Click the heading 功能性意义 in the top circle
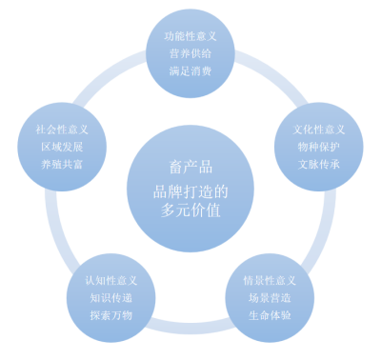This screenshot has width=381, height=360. pos(190,36)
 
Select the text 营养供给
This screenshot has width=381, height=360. pos(190,53)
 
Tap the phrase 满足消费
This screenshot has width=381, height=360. pos(190,70)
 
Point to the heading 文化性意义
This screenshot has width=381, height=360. pos(319,130)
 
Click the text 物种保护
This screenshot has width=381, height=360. pos(319,147)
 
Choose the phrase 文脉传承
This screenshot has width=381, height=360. pos(319,164)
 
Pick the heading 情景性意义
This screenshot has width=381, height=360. pos(270,281)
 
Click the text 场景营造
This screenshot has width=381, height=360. pos(270,298)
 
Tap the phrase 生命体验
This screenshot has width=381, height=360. pos(270,315)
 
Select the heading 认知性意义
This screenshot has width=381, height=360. pos(111,281)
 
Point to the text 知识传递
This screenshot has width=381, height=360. pos(111,298)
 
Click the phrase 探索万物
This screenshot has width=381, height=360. pos(111,315)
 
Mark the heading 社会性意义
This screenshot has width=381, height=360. pos(62,130)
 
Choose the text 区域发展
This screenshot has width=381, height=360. pos(62,147)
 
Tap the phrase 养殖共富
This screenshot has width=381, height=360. pos(62,164)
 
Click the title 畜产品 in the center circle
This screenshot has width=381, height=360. pos(190,167)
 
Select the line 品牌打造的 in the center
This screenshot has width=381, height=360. pos(190,191)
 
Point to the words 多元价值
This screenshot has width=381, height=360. pos(190,210)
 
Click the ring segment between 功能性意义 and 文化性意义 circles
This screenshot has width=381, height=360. pos(272,75)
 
